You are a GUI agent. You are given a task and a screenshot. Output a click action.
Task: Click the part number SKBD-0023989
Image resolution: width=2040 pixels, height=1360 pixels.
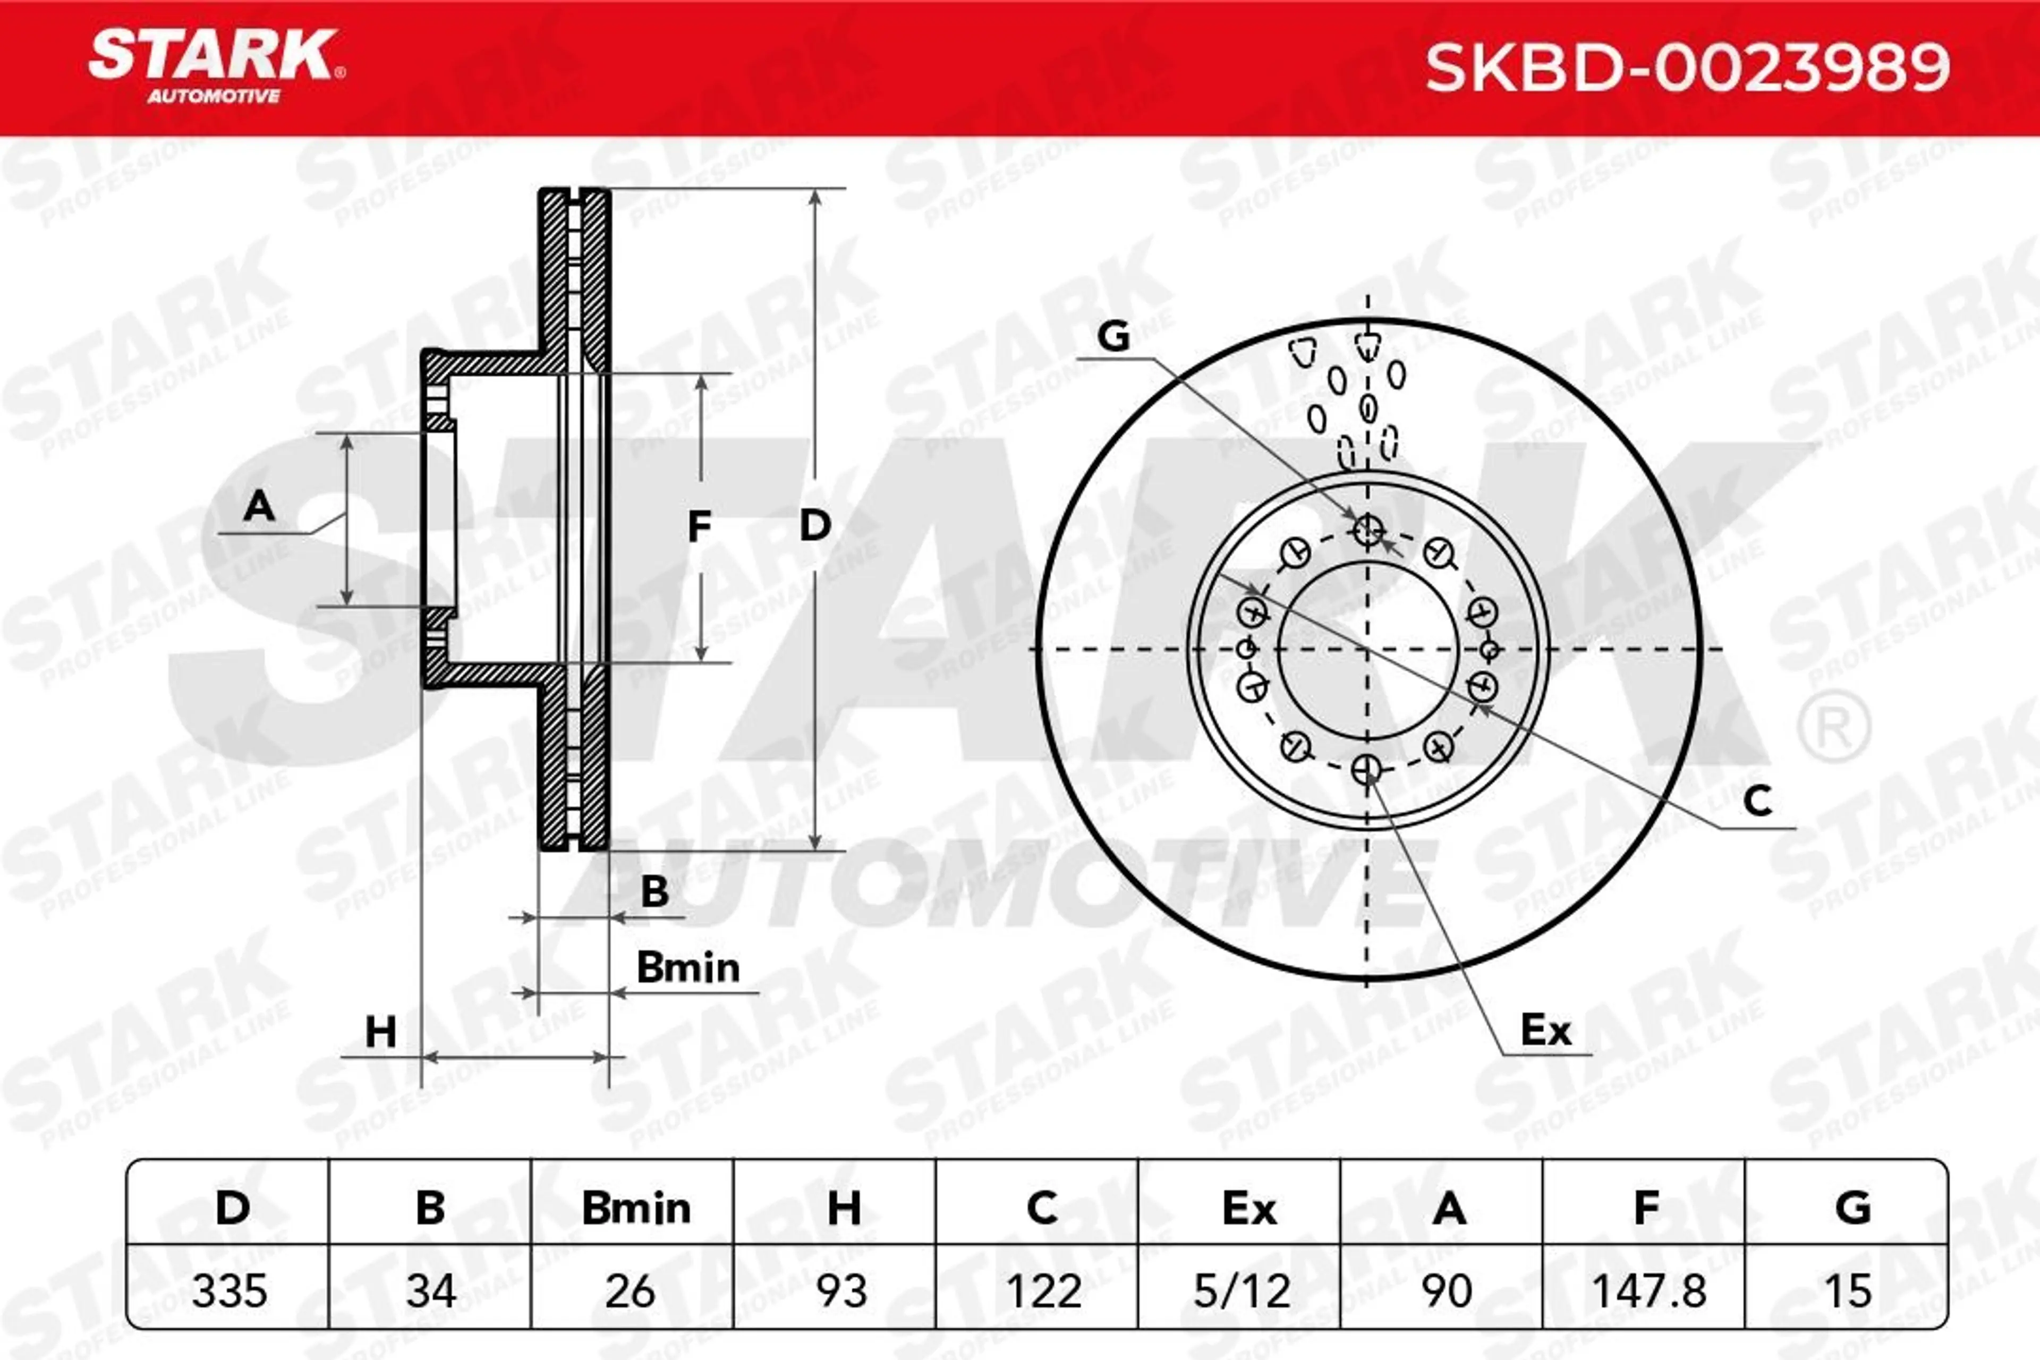tap(1687, 67)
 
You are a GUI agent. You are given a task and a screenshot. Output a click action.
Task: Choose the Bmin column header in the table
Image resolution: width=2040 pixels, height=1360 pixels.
tap(636, 1208)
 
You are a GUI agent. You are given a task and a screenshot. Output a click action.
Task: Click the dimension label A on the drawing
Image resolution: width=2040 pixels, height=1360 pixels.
tap(259, 505)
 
